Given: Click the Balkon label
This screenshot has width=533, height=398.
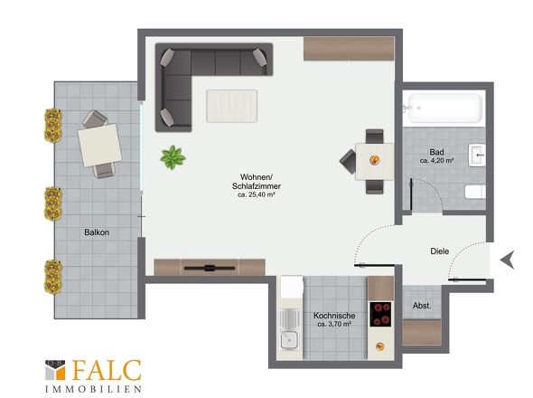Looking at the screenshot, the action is pyautogui.click(x=97, y=232).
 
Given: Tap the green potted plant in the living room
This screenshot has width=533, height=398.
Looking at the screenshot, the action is pyautogui.click(x=173, y=157).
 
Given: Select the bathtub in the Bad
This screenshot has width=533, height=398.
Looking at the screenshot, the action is pyautogui.click(x=444, y=108).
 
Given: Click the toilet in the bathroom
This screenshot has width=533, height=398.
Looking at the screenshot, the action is pyautogui.click(x=475, y=192).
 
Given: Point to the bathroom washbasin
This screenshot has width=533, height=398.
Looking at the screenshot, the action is pyautogui.click(x=477, y=155).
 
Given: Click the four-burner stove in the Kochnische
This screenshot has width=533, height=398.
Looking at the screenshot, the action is pyautogui.click(x=380, y=314).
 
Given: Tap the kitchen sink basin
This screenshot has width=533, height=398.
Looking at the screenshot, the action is pyautogui.click(x=289, y=340).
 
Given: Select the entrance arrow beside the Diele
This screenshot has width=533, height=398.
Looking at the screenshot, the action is pyautogui.click(x=507, y=260).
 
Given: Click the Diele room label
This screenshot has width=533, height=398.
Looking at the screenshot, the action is pyautogui.click(x=440, y=251).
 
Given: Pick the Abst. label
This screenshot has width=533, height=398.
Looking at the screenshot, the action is pyautogui.click(x=422, y=306).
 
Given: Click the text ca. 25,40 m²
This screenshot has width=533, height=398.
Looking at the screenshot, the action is pyautogui.click(x=257, y=194).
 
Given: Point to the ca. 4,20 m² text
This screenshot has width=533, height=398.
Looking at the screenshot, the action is pyautogui.click(x=436, y=160).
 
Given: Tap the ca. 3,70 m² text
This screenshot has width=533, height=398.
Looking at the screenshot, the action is pyautogui.click(x=334, y=324).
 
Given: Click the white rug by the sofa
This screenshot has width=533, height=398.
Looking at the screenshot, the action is pyautogui.click(x=232, y=106).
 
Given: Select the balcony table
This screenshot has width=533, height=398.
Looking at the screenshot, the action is pyautogui.click(x=100, y=146).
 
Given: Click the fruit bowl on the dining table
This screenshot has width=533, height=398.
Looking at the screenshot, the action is pyautogui.click(x=375, y=160).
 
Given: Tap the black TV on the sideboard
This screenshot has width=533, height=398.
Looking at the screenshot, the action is pyautogui.click(x=210, y=268).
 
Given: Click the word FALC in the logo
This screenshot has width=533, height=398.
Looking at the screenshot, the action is pyautogui.click(x=107, y=370).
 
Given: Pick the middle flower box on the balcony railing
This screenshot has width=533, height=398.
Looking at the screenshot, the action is pyautogui.click(x=53, y=204).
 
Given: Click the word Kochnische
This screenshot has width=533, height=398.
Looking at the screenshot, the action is pyautogui.click(x=334, y=316).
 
